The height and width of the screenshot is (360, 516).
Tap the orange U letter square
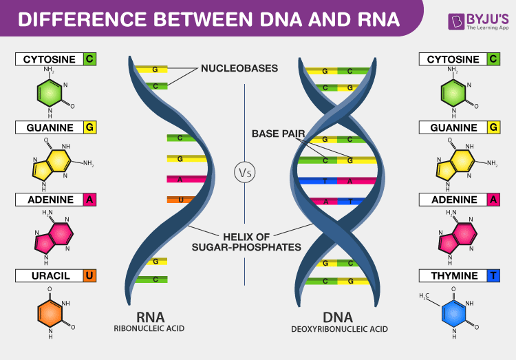pyautogui.click(x=89, y=276)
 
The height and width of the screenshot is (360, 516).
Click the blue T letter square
pyautogui.click(x=493, y=276)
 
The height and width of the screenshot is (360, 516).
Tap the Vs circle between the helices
pyautogui.click(x=244, y=173)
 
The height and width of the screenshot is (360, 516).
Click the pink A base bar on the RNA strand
pyautogui.click(x=182, y=179)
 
